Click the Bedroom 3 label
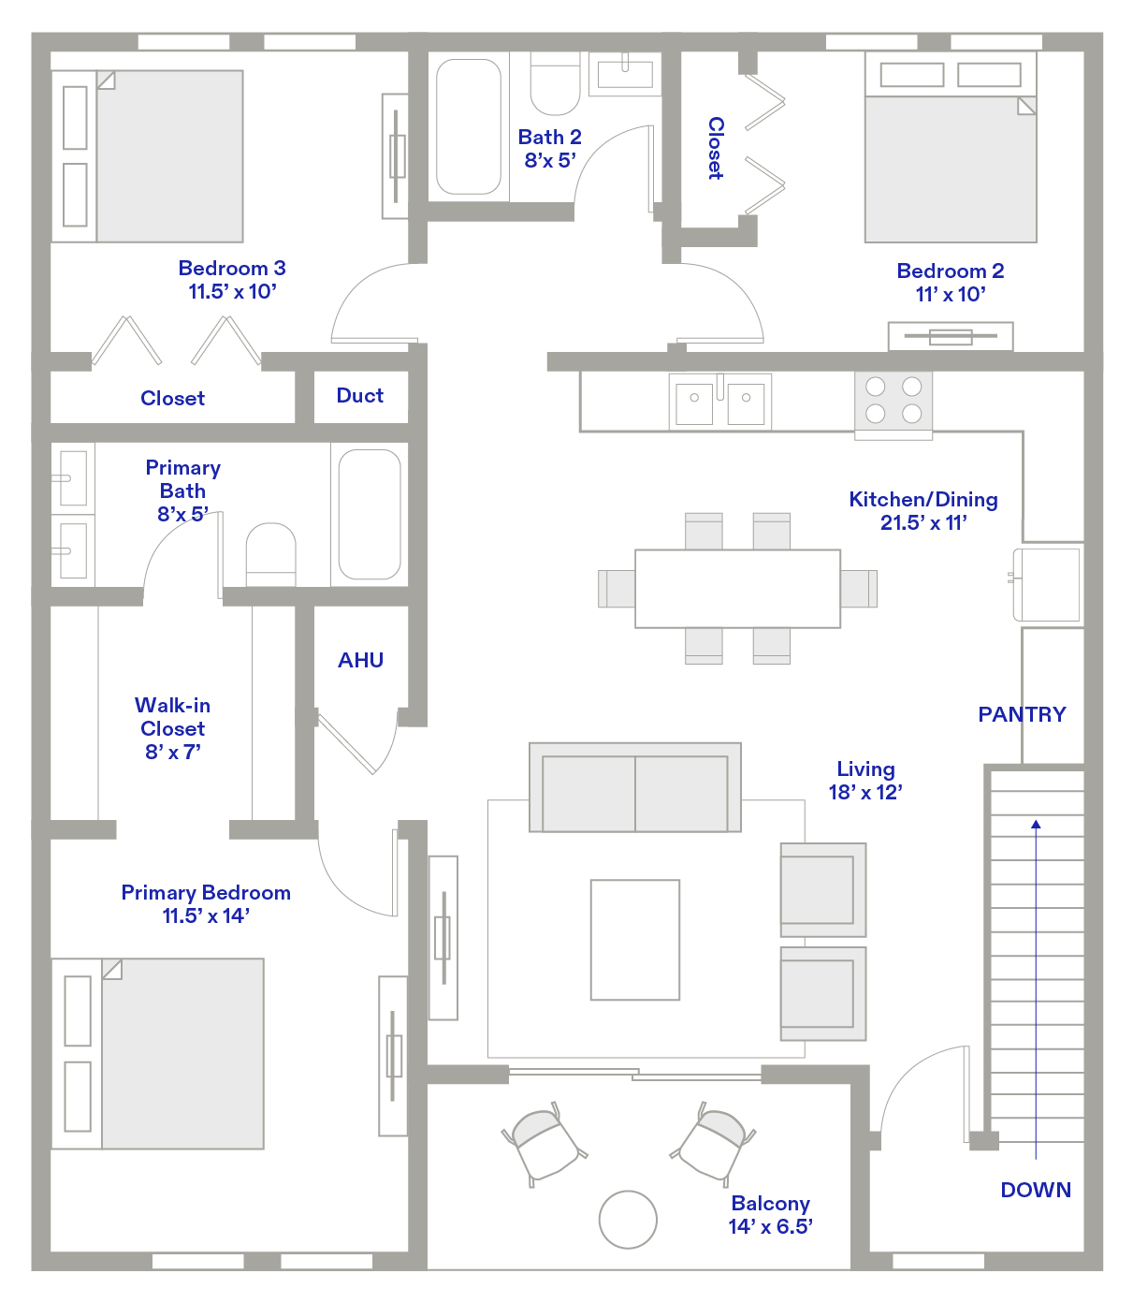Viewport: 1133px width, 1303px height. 232,269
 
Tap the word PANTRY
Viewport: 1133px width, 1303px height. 1022,714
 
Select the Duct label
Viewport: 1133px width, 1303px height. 360,396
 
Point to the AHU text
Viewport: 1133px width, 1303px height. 360,660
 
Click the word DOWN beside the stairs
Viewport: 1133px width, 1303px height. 1036,1190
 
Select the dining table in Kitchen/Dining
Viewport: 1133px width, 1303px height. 737,588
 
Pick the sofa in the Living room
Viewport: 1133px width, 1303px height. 635,788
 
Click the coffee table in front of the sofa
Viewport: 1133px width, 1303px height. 635,940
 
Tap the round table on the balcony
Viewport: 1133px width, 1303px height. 628,1219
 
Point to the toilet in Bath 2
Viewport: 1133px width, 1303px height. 555,85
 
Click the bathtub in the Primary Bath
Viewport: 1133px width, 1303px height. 370,514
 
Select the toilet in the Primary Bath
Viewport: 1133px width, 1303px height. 270,554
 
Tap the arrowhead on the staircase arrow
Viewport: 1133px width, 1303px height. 1036,825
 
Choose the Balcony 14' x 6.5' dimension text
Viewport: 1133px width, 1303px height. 770,1226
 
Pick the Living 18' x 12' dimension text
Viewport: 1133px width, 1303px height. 865,792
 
